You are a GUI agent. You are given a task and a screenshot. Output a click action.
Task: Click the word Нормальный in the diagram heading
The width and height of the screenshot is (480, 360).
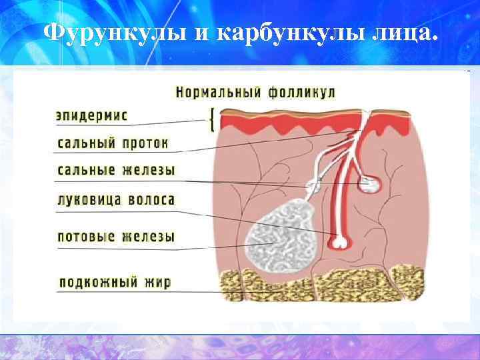(219, 91)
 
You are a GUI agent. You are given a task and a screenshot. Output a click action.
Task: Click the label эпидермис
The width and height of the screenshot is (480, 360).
(91, 115)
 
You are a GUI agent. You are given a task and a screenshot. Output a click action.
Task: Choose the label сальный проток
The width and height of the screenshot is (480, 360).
(113, 143)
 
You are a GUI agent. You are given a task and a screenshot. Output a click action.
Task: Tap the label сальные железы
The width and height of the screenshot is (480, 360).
(116, 171)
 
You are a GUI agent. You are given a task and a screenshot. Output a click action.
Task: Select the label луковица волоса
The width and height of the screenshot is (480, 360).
(116, 199)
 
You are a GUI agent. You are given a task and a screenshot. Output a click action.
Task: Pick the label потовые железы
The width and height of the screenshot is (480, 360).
(116, 237)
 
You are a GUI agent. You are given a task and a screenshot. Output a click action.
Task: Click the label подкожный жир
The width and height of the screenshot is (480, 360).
(115, 283)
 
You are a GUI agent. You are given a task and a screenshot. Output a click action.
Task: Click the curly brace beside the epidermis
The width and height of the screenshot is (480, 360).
(212, 120)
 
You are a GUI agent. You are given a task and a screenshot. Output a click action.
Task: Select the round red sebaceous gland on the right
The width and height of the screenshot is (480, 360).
(369, 183)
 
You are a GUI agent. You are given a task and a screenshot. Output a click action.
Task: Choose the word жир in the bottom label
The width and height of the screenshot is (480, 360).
(158, 283)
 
